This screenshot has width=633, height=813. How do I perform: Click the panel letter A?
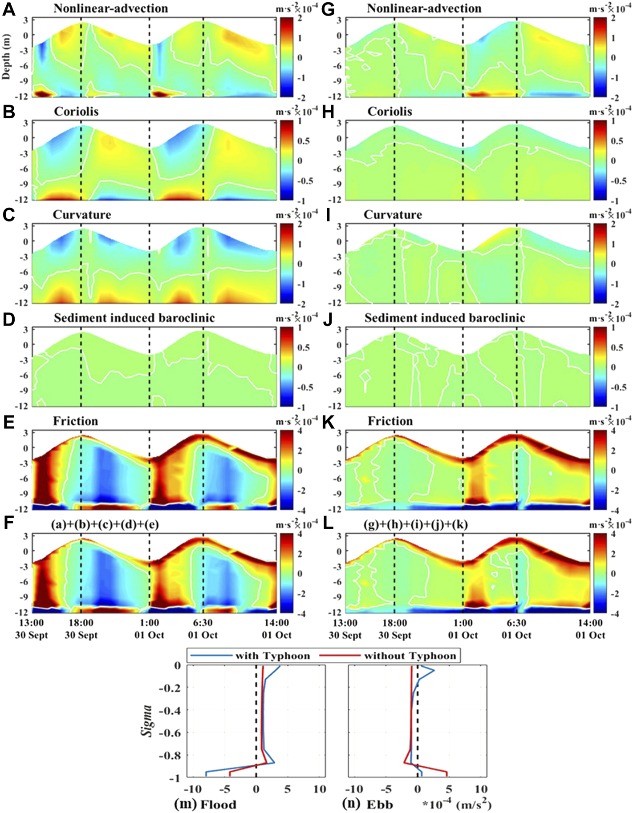click(8, 9)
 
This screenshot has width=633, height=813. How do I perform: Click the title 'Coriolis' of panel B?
click(76, 112)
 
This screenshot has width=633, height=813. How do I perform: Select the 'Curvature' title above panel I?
click(393, 215)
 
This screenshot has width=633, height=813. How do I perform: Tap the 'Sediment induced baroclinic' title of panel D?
click(134, 318)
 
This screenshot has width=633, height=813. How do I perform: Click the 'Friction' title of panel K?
click(390, 421)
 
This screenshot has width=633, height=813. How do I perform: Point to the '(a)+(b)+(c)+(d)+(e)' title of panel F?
click(105, 525)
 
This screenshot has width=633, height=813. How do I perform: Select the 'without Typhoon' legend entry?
click(410, 656)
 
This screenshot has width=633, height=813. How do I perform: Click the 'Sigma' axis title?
click(147, 720)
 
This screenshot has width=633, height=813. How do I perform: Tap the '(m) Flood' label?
click(205, 804)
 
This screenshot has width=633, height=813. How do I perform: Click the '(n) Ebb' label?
click(368, 804)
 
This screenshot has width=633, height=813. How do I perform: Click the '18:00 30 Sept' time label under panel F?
click(81, 629)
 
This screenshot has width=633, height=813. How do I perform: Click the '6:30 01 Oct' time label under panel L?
click(516, 629)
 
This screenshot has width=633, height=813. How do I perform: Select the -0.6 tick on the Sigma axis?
click(170, 733)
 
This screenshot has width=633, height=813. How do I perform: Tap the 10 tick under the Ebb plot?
click(481, 789)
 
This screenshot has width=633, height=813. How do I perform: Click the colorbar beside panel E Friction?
click(285, 470)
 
